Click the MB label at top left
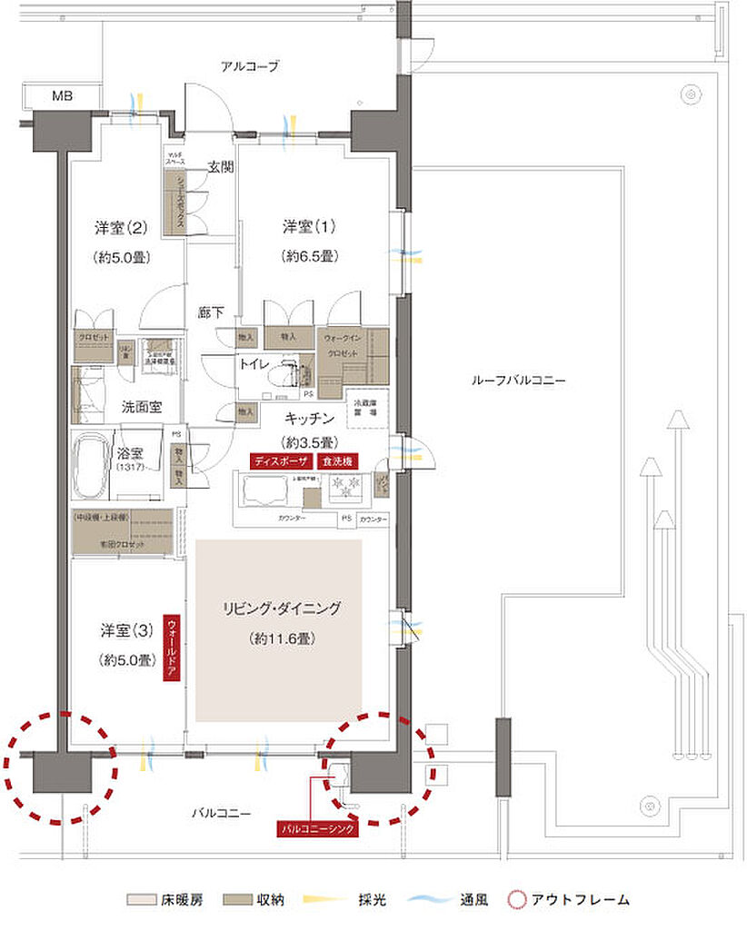coord(62,96)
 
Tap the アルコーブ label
coord(249,66)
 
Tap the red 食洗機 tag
coord(338,460)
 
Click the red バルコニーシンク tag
coord(318,829)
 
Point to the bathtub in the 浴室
coord(92,465)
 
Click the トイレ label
coord(254,363)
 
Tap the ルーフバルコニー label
coord(518,381)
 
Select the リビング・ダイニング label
coord(281,608)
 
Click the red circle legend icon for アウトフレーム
coord(518,901)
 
